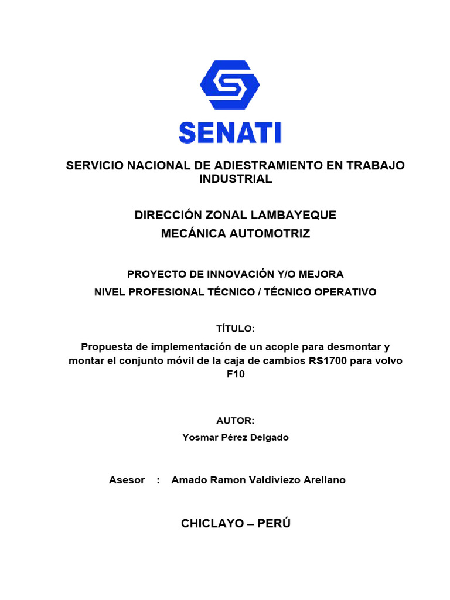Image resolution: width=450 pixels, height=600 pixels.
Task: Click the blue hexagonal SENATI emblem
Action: [x=230, y=87]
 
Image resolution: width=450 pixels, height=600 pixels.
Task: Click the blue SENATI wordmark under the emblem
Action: [x=230, y=132]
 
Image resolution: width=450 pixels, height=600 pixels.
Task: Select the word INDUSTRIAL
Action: [x=236, y=179]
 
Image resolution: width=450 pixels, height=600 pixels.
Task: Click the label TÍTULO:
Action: [x=236, y=329]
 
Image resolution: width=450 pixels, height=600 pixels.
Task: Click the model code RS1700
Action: [x=328, y=361]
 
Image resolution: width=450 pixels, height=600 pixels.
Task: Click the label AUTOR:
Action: [x=236, y=421]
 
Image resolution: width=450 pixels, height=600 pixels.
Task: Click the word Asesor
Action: [x=127, y=480]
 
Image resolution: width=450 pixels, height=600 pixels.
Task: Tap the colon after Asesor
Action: [x=158, y=480]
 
